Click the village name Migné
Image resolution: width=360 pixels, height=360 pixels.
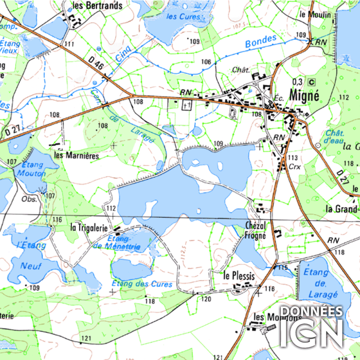click(x=304, y=95)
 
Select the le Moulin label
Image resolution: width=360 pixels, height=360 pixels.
click(x=314, y=14)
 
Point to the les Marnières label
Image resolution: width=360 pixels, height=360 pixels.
click(x=76, y=155)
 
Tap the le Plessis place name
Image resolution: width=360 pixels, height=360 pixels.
click(x=239, y=276)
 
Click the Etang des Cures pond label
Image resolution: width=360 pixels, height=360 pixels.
click(x=142, y=284)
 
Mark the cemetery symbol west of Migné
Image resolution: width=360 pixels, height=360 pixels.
click(x=186, y=105)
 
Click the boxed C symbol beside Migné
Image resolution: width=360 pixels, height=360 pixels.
click(x=311, y=82)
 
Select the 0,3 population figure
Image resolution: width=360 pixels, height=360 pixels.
click(x=297, y=82)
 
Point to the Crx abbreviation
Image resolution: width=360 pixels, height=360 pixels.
click(x=294, y=166)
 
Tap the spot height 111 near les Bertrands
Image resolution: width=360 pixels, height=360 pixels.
click(x=69, y=44)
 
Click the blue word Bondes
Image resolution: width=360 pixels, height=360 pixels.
click(x=261, y=42)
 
